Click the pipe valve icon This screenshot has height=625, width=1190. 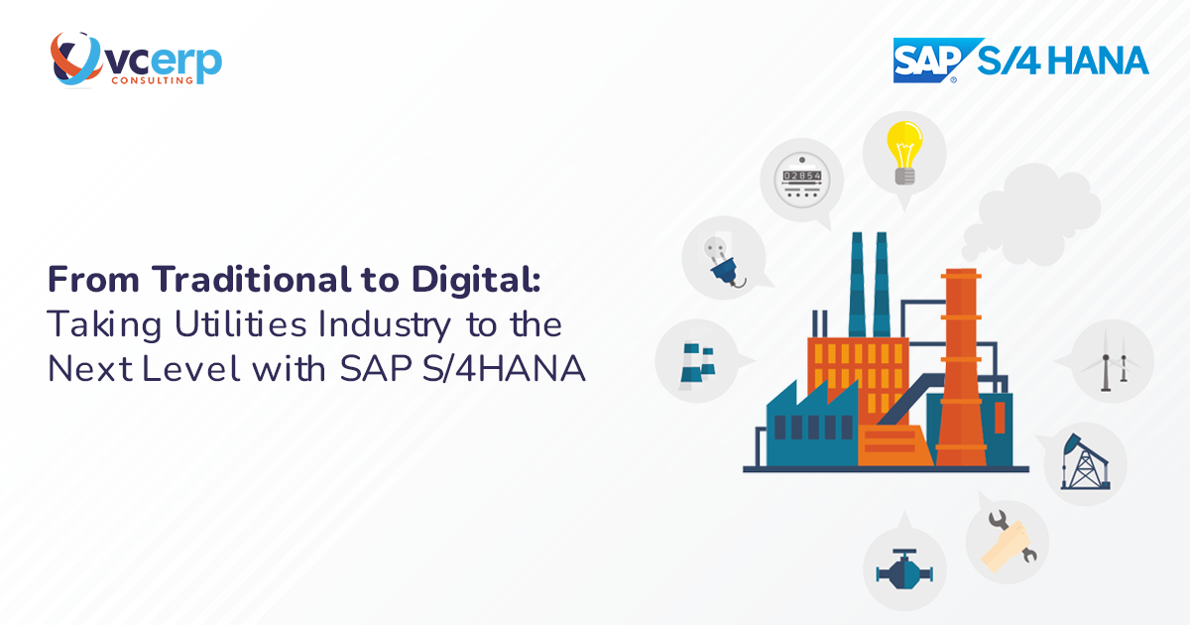(x=903, y=569)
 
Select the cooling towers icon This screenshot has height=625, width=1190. (x=696, y=361)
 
